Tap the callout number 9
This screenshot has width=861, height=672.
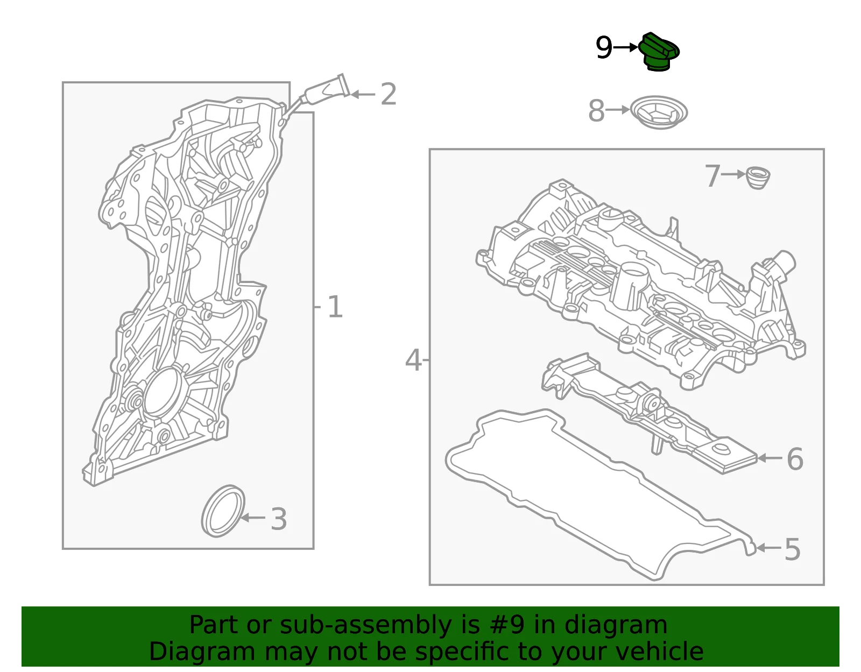pyautogui.click(x=604, y=48)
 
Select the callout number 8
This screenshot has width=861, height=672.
pyautogui.click(x=597, y=110)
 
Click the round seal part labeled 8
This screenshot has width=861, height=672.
pyautogui.click(x=659, y=112)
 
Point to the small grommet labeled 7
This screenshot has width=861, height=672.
pyautogui.click(x=758, y=178)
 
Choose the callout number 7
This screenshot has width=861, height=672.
pyautogui.click(x=712, y=176)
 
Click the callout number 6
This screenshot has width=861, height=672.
pyautogui.click(x=795, y=459)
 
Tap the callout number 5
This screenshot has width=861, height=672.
pyautogui.click(x=793, y=549)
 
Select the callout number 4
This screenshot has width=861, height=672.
pyautogui.click(x=413, y=360)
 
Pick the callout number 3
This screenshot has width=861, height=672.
pyautogui.click(x=279, y=519)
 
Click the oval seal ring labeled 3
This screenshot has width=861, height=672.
pyautogui.click(x=223, y=511)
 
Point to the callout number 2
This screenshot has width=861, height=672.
pyautogui.click(x=389, y=94)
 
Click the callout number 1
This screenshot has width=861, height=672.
pyautogui.click(x=335, y=307)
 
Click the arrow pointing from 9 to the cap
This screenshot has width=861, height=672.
pyautogui.click(x=626, y=47)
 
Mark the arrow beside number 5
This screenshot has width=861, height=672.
pyautogui.click(x=768, y=548)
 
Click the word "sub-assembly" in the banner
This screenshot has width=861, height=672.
pyautogui.click(x=365, y=626)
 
